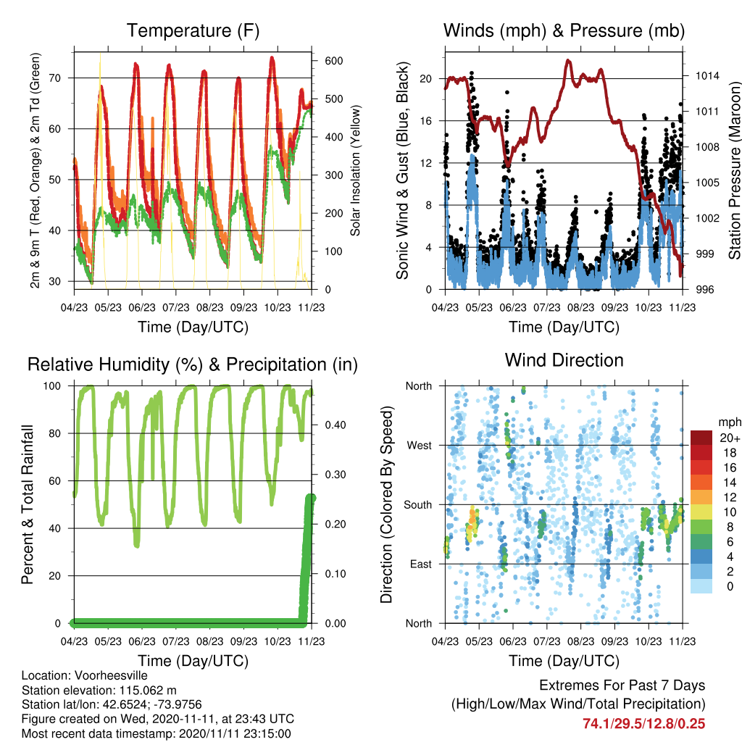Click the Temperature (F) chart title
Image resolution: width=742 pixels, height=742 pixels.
tap(193, 30)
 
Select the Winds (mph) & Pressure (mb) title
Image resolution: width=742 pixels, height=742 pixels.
tap(564, 30)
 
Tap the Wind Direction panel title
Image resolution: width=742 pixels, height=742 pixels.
tap(564, 360)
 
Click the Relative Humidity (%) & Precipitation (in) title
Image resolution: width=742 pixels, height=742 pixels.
tap(193, 365)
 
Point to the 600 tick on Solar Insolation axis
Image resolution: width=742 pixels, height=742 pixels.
tap(333, 61)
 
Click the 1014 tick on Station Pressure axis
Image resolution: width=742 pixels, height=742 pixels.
tap(707, 75)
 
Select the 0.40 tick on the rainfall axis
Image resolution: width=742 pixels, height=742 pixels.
tap(335, 425)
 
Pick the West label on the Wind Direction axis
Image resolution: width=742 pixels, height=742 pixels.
tap(420, 446)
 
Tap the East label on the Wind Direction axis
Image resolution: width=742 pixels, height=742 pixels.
tap(421, 564)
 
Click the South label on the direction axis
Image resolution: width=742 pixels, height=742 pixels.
tap(418, 505)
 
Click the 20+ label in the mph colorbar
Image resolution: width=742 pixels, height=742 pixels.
tap(729, 438)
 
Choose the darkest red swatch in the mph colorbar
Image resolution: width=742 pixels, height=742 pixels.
tap(701, 438)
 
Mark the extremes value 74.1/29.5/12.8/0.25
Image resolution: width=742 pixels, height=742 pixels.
tap(644, 724)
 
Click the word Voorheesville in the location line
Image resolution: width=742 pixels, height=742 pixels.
tap(111, 675)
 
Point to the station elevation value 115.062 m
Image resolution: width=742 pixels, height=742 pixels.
tap(148, 691)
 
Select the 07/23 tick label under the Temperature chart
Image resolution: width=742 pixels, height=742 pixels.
tap(176, 307)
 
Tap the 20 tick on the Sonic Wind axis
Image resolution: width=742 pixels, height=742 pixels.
tap(426, 78)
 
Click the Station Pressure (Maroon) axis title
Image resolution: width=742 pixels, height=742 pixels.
tap(735, 170)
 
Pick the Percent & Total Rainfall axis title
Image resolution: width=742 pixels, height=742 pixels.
tap(28, 504)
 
